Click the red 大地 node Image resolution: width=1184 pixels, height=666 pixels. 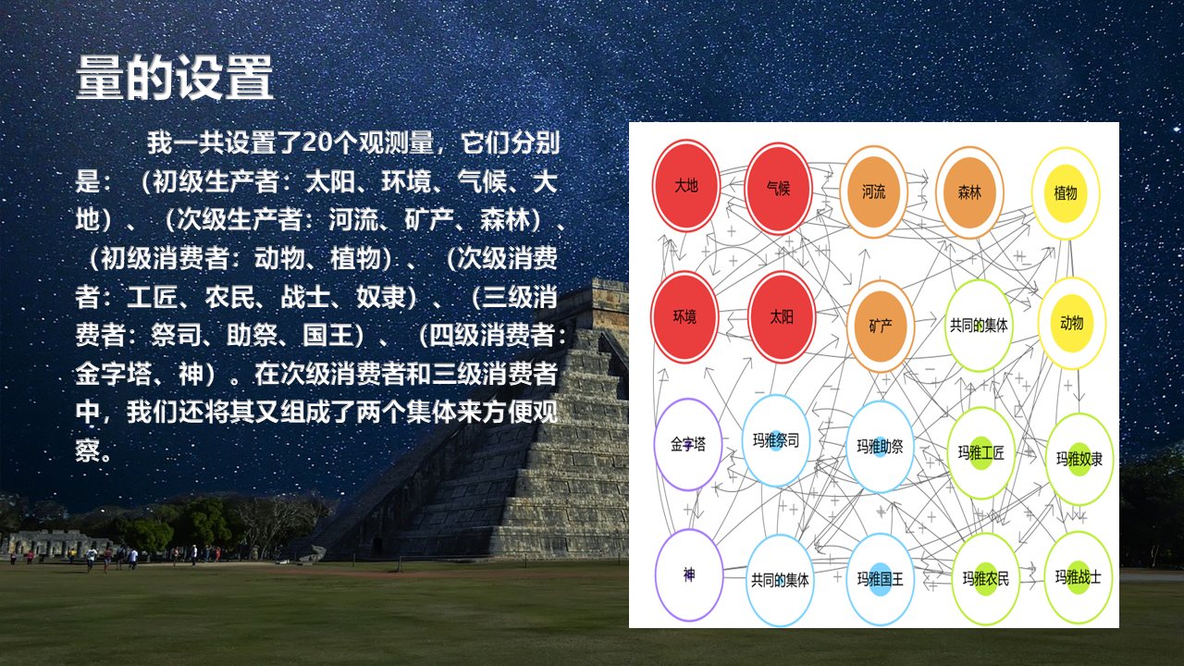(686, 186)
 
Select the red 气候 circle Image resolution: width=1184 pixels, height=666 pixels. (778, 188)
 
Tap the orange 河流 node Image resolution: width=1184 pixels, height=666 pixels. (873, 191)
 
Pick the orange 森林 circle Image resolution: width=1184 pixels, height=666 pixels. (969, 193)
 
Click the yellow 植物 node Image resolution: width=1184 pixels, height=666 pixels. (1066, 193)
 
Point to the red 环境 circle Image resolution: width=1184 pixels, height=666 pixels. (684, 317)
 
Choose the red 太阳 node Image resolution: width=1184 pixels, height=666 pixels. (782, 317)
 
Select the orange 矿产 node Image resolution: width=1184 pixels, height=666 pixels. (880, 327)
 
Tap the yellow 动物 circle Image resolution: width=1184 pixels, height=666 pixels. (1072, 323)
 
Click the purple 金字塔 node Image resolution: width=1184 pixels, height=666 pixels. (687, 445)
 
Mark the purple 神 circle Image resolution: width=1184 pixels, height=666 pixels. (689, 575)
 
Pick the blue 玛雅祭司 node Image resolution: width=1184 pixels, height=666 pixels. (776, 441)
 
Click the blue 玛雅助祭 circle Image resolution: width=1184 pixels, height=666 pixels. (880, 447)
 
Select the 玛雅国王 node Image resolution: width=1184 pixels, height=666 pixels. (880, 579)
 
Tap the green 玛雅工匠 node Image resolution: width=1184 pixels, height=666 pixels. (981, 453)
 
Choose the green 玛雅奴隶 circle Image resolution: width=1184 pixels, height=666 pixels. (1079, 460)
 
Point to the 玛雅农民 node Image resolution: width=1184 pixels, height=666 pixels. (986, 579)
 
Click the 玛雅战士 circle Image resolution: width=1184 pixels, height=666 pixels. (1079, 577)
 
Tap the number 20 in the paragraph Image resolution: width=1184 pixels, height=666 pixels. (316, 142)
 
